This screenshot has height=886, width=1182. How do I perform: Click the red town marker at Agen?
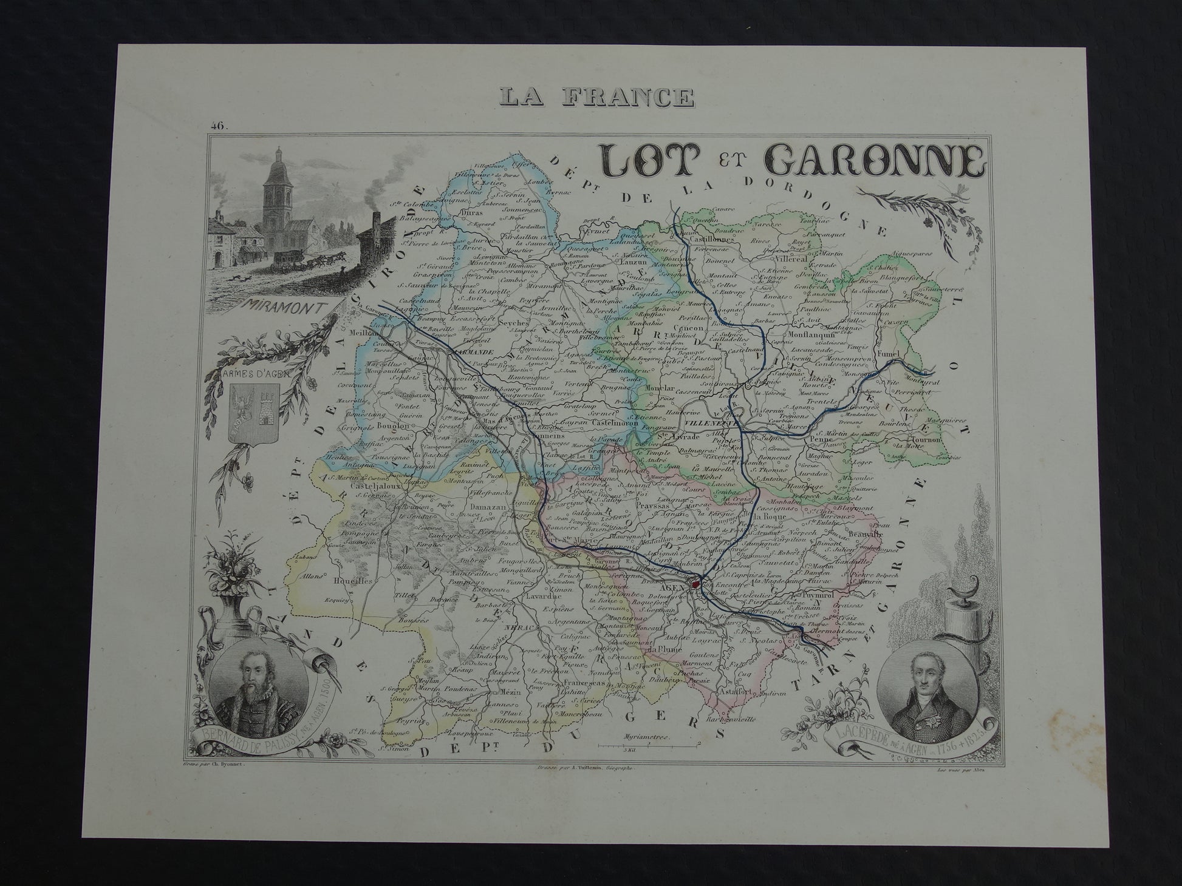point(695,585)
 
